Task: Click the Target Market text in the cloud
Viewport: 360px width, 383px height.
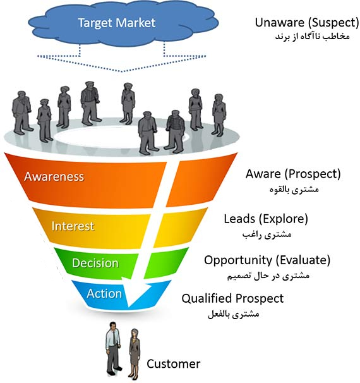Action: (116, 23)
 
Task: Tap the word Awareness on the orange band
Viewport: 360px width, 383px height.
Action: (54, 176)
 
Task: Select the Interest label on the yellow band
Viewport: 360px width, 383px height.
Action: (73, 226)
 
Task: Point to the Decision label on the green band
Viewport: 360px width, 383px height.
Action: (95, 263)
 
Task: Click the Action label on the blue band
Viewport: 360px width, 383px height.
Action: (104, 293)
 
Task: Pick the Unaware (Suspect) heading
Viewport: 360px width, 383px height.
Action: (307, 23)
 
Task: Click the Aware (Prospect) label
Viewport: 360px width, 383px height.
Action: (293, 174)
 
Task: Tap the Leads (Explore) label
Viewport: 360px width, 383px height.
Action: (266, 219)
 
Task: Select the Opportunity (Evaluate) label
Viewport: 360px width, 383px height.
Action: (267, 260)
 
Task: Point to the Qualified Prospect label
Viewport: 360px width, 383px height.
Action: (232, 298)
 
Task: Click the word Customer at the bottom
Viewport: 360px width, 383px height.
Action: (173, 363)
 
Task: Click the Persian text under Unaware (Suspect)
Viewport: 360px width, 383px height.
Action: (313, 37)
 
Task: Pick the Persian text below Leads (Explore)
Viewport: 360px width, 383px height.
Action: (267, 234)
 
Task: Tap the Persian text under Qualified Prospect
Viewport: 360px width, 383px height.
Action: (234, 314)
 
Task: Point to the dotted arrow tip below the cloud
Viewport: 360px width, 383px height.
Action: (122, 71)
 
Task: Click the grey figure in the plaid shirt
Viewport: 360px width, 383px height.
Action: (175, 131)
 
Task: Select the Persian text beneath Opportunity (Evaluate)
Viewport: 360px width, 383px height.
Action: (268, 276)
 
